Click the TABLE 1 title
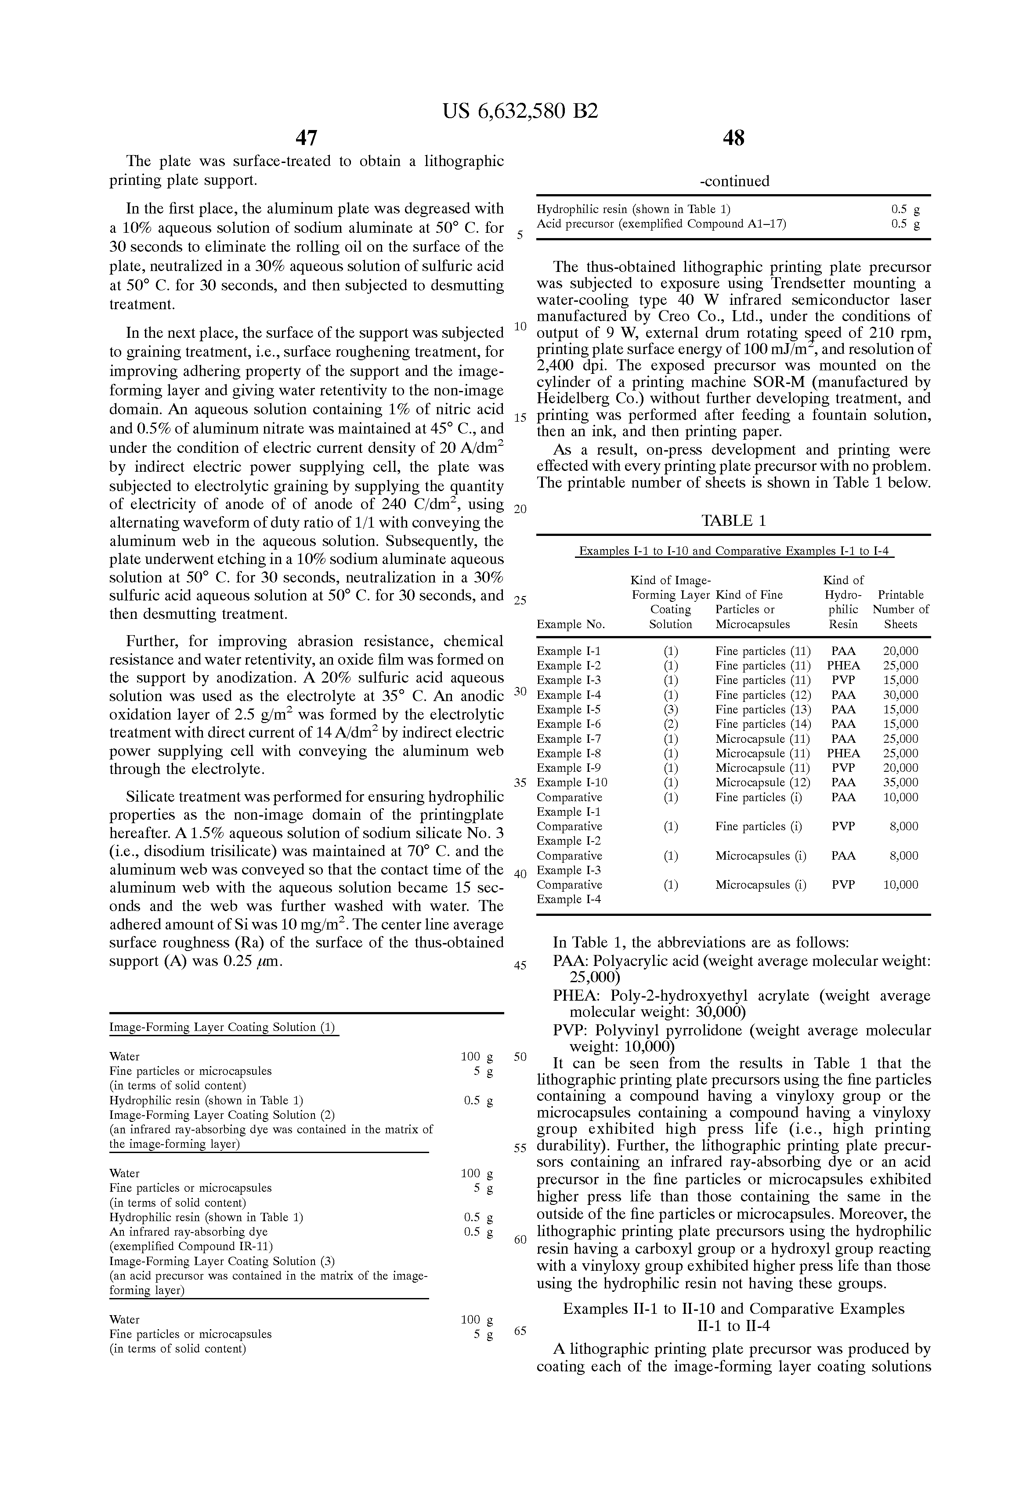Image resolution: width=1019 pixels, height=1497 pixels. click(x=734, y=521)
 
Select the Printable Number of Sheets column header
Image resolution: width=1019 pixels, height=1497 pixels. click(x=900, y=609)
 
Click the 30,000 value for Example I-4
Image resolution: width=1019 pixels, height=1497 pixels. click(x=900, y=695)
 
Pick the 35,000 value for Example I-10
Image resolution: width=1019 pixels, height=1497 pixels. click(x=900, y=783)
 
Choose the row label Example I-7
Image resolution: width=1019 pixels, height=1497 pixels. click(x=569, y=739)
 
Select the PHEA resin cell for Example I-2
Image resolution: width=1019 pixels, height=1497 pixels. click(x=843, y=666)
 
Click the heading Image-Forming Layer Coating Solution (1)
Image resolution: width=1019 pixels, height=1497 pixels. click(x=223, y=1027)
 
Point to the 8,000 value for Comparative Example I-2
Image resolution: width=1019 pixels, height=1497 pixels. click(x=903, y=826)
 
